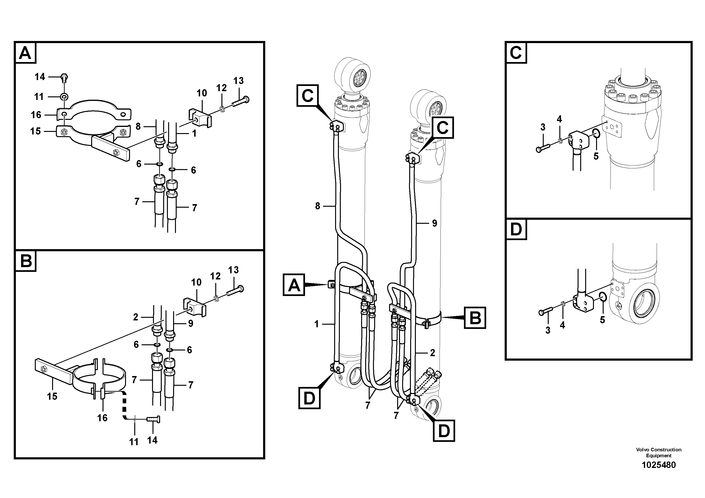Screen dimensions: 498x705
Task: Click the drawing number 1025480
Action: [659, 465]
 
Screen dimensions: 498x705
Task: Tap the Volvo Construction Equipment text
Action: [659, 453]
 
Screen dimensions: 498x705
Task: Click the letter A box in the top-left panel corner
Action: [25, 53]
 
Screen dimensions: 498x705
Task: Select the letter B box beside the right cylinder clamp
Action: [475, 318]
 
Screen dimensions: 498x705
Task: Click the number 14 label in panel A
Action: [40, 77]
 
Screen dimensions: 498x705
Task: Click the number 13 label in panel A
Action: [238, 81]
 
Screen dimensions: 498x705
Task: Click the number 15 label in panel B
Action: [52, 396]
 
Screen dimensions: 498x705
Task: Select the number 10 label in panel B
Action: [196, 282]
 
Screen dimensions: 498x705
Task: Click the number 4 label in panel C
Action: [559, 119]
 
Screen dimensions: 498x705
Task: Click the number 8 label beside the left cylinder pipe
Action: [318, 206]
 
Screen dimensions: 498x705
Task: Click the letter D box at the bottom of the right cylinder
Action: [444, 431]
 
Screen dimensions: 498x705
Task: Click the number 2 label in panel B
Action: [135, 317]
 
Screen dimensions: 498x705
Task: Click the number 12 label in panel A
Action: [221, 88]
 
